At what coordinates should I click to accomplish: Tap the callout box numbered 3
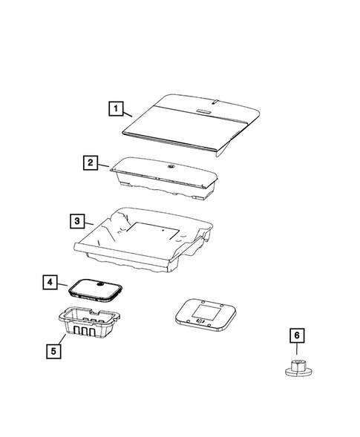pos(76,221)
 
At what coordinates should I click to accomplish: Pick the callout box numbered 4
pos(49,283)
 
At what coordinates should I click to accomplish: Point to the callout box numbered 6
pos(298,337)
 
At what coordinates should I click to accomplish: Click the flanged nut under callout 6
pos(298,366)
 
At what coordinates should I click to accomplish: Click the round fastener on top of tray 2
pos(170,168)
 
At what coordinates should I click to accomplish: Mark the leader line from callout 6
pos(298,350)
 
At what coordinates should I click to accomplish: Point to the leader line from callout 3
pos(88,223)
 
